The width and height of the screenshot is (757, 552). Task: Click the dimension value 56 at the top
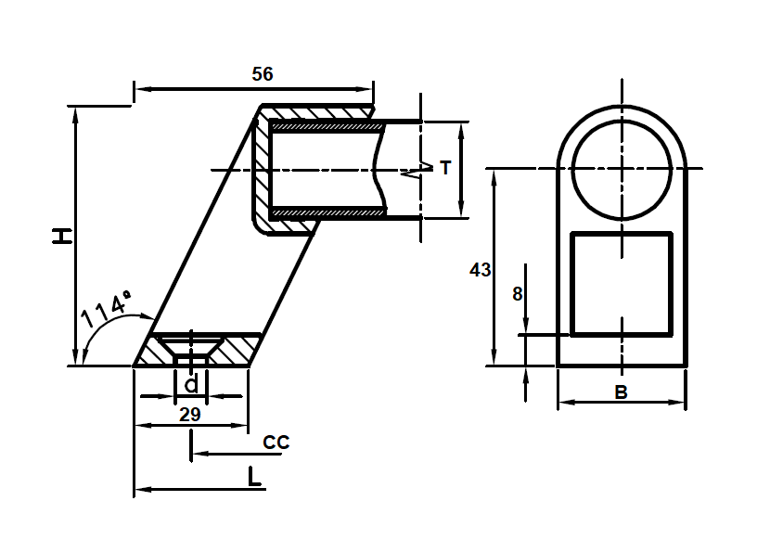tap(263, 74)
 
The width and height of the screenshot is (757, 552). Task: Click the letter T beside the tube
tap(445, 168)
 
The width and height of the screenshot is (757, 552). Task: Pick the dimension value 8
tap(517, 294)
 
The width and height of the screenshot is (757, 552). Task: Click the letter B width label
tap(622, 392)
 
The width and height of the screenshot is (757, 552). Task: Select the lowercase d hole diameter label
tap(190, 384)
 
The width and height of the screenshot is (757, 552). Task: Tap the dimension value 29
tap(189, 415)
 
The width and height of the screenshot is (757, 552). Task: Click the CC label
tap(276, 443)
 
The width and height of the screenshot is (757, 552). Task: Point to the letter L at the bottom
tap(254, 478)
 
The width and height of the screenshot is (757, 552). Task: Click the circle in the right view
tap(622, 168)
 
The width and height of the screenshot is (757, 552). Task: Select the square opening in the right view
tap(621, 284)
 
